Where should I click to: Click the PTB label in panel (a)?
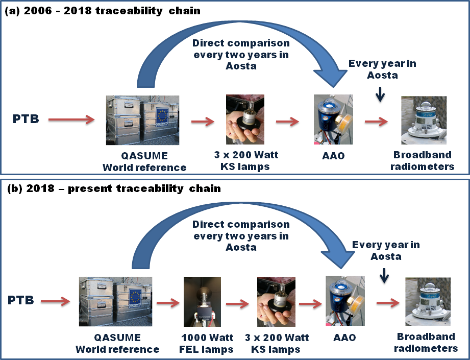tap(24, 120)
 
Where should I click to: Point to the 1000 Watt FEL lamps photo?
tap(202, 302)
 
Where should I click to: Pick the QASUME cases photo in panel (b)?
tap(115, 301)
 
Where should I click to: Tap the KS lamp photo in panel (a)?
tap(245, 119)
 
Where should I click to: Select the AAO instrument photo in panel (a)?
tap(334, 119)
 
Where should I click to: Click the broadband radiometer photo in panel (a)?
tap(424, 120)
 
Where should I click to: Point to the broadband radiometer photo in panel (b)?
tap(428, 302)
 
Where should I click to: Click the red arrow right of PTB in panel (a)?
tap(71, 120)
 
